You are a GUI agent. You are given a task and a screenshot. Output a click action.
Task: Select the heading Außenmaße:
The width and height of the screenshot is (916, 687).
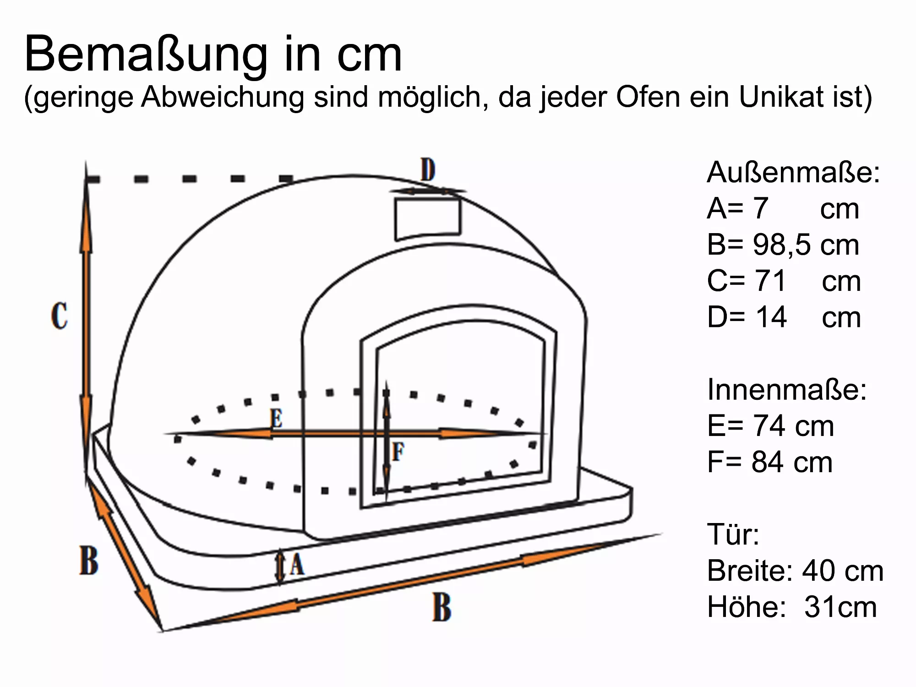[x=793, y=173]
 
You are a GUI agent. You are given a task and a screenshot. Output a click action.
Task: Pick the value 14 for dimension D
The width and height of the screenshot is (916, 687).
[x=771, y=317]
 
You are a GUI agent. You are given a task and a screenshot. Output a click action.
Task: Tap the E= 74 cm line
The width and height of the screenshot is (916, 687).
[x=770, y=426]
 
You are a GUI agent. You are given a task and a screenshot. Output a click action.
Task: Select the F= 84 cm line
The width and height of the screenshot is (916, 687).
[x=769, y=462]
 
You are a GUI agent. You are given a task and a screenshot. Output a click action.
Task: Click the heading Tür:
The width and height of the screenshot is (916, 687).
[x=733, y=534]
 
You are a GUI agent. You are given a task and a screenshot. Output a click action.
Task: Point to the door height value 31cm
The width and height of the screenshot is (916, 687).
[x=840, y=607]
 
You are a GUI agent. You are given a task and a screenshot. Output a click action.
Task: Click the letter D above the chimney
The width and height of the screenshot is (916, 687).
[x=428, y=170]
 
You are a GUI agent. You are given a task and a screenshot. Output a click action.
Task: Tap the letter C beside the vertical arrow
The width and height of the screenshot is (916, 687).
[x=60, y=316]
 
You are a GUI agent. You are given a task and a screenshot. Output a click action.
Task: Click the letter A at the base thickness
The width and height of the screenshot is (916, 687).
[x=297, y=564]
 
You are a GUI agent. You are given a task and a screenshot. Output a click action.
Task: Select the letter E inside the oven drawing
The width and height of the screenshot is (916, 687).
[x=276, y=418]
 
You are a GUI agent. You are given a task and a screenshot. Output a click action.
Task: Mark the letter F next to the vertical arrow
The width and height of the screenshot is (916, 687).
[x=398, y=452]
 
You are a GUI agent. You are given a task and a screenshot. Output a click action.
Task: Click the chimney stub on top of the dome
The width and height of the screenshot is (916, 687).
[x=428, y=218]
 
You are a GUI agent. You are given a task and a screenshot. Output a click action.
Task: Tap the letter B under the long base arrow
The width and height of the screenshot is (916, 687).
[x=442, y=608]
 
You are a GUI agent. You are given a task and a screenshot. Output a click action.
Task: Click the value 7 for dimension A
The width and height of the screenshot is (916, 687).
[x=761, y=208]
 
